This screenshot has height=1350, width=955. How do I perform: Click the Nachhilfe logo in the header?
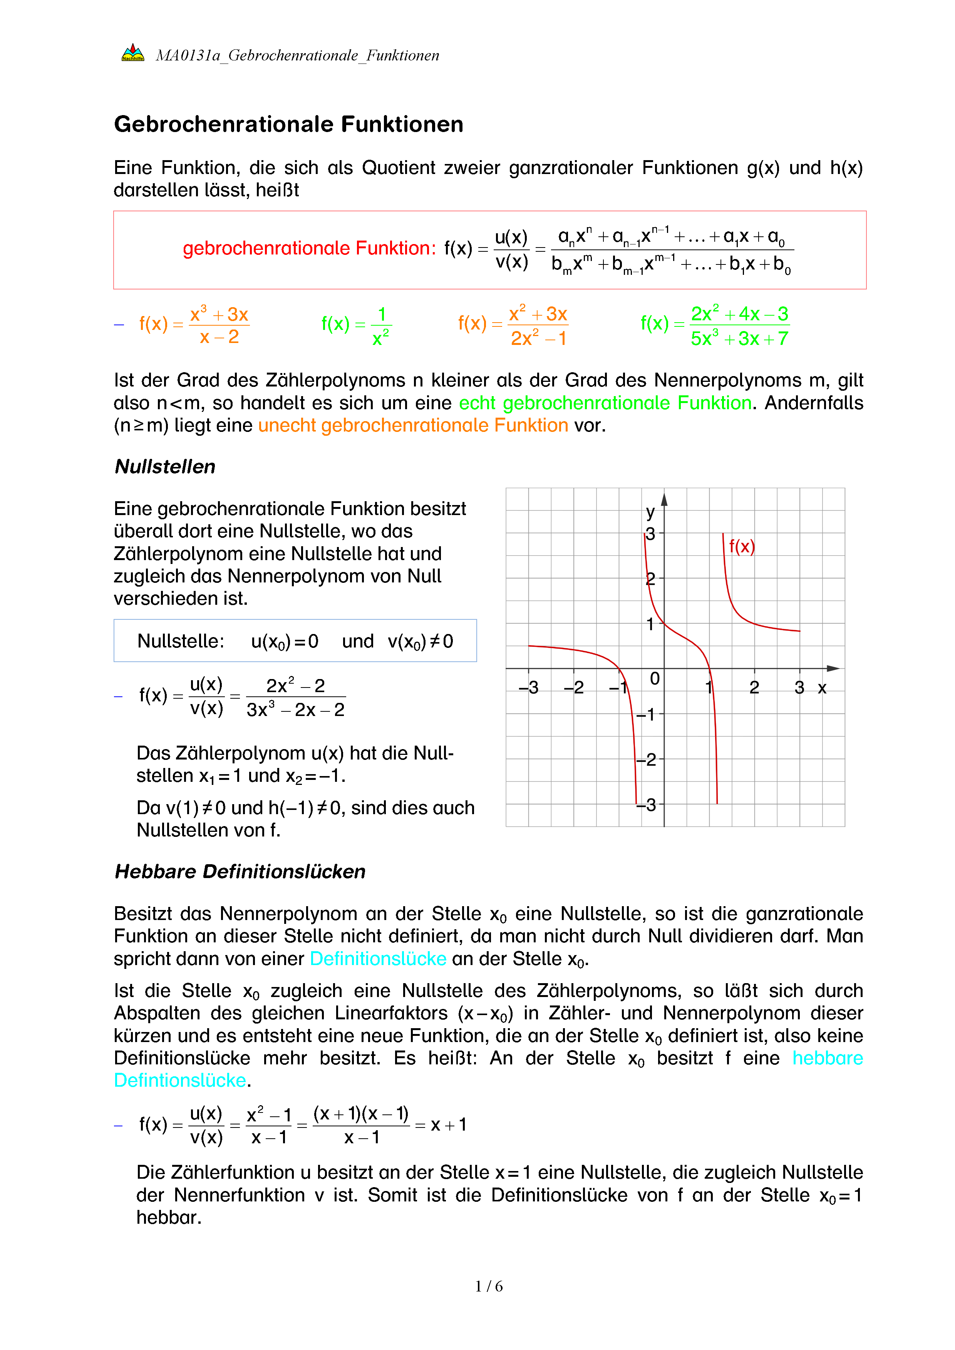click(133, 54)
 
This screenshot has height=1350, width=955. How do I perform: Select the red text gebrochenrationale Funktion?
click(309, 249)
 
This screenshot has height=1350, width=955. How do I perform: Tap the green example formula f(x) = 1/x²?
click(356, 325)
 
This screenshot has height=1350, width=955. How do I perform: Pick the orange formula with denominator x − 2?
click(194, 325)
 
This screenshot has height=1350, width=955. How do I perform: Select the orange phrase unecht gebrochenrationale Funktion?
click(413, 425)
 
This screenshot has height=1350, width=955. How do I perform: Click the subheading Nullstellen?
click(165, 467)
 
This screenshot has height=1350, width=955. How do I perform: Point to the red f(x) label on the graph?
click(742, 547)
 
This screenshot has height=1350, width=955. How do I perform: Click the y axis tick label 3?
click(650, 534)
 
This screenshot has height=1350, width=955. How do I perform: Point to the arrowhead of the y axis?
click(665, 500)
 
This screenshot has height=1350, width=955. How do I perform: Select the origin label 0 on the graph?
click(655, 679)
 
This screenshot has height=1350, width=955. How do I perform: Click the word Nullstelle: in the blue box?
click(181, 641)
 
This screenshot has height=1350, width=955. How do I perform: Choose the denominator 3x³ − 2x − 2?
click(295, 710)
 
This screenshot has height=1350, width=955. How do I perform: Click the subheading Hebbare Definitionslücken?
click(240, 872)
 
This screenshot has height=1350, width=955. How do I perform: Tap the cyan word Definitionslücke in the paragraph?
click(378, 959)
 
